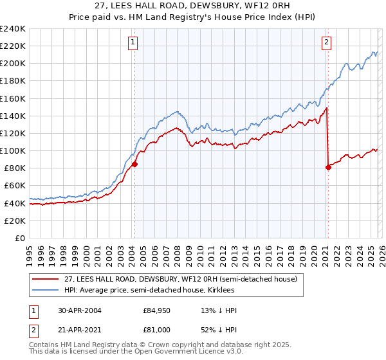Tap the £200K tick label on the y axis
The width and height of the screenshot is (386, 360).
pos(13,64)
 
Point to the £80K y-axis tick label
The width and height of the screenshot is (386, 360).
pos(15,168)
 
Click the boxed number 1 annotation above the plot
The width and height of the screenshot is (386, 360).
pos(133,43)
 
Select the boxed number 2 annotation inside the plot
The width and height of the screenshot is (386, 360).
pos(326,43)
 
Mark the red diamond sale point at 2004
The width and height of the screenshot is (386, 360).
pos(135,164)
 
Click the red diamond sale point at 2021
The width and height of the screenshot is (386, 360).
pos(328,167)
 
